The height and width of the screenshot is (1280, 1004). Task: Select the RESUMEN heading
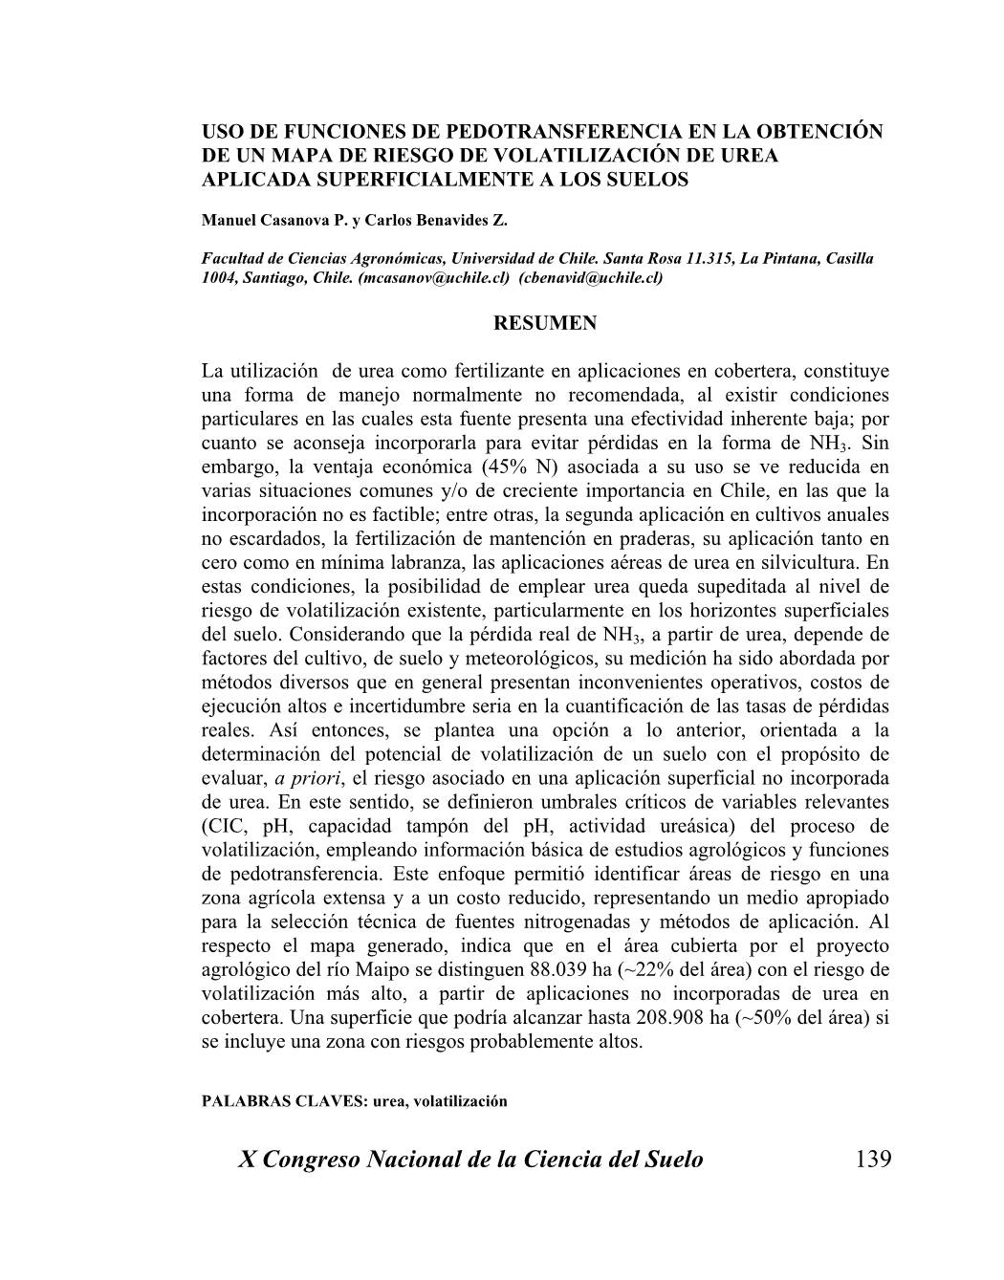point(545,323)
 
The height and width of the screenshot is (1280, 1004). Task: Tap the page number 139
point(873,1160)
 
